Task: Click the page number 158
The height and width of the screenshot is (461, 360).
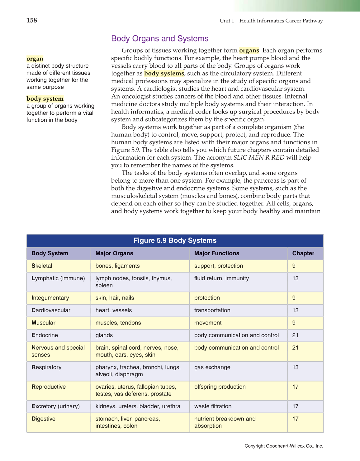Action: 32,21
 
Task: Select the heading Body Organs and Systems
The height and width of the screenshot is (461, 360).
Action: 160,39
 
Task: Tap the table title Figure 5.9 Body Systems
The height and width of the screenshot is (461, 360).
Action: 175,241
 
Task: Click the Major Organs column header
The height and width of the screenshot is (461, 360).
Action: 114,253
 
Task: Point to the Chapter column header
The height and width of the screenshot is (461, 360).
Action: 303,253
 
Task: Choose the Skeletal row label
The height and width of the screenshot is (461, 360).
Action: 42,266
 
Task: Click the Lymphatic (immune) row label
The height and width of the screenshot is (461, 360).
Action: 58,278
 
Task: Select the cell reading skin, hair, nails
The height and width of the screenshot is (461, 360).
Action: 115,298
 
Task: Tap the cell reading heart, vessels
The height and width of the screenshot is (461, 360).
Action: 114,310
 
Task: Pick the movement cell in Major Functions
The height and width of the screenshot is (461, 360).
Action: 208,323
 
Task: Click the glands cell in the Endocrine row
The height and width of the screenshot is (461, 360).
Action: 104,335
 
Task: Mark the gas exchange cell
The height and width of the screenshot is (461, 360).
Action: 212,367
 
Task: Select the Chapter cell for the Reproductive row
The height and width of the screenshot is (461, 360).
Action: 296,387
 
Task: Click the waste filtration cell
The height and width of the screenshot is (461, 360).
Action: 213,406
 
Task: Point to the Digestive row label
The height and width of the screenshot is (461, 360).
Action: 44,419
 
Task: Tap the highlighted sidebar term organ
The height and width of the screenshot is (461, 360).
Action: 35,59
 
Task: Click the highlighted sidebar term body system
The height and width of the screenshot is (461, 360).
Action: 45,99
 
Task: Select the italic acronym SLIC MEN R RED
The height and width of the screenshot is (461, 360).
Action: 259,158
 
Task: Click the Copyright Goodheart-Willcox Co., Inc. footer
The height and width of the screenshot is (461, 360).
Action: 284,446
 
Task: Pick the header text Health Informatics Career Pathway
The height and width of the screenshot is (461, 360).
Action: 281,21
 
